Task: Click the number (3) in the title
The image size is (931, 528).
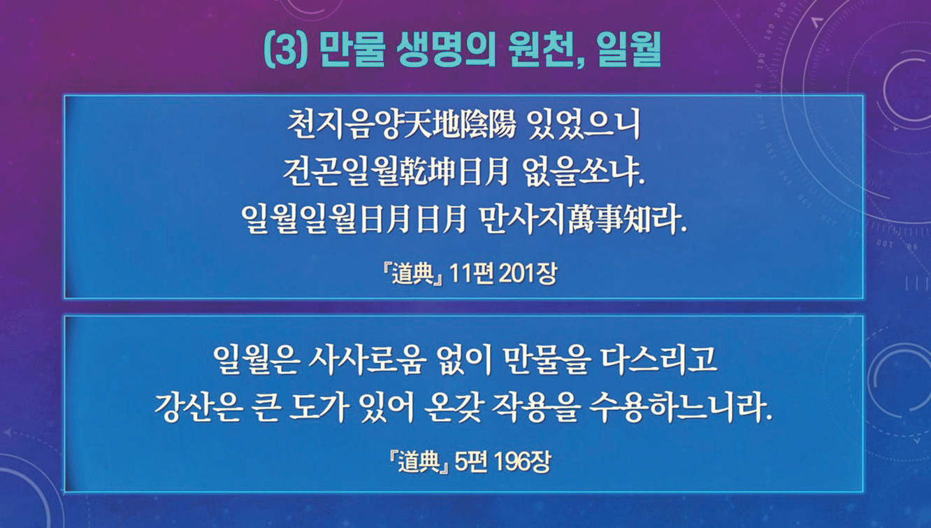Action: pos(286,49)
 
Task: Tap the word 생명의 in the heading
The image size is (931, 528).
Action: pos(445,49)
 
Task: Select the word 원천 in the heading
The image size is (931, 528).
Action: pos(545,50)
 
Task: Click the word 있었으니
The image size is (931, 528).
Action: pos(583,124)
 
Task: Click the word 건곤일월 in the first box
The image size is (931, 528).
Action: pos(340,172)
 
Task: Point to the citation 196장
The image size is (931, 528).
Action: pos(524,462)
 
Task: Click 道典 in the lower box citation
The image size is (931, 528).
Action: pos(419,462)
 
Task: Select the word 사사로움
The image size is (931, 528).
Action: pos(367,360)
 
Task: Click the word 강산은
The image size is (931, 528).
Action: pos(198,408)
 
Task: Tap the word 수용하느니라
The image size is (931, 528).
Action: pos(680,408)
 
